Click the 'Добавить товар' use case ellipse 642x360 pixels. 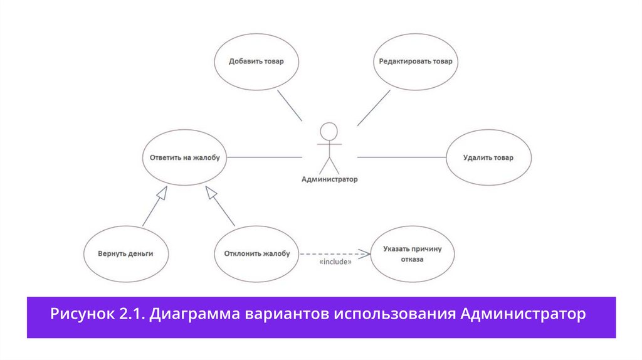[256, 61]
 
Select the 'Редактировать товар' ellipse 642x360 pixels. [415, 61]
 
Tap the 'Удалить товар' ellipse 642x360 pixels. [488, 157]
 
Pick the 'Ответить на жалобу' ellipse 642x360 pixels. [184, 157]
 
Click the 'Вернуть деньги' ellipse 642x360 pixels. [125, 253]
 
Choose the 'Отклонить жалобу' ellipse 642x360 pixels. [256, 253]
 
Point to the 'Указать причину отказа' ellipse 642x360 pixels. [412, 253]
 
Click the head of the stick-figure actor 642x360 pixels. [329, 130]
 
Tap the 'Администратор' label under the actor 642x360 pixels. [330, 179]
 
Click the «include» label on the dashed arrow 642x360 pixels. [335, 262]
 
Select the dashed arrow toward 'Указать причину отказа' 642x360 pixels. [332, 253]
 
